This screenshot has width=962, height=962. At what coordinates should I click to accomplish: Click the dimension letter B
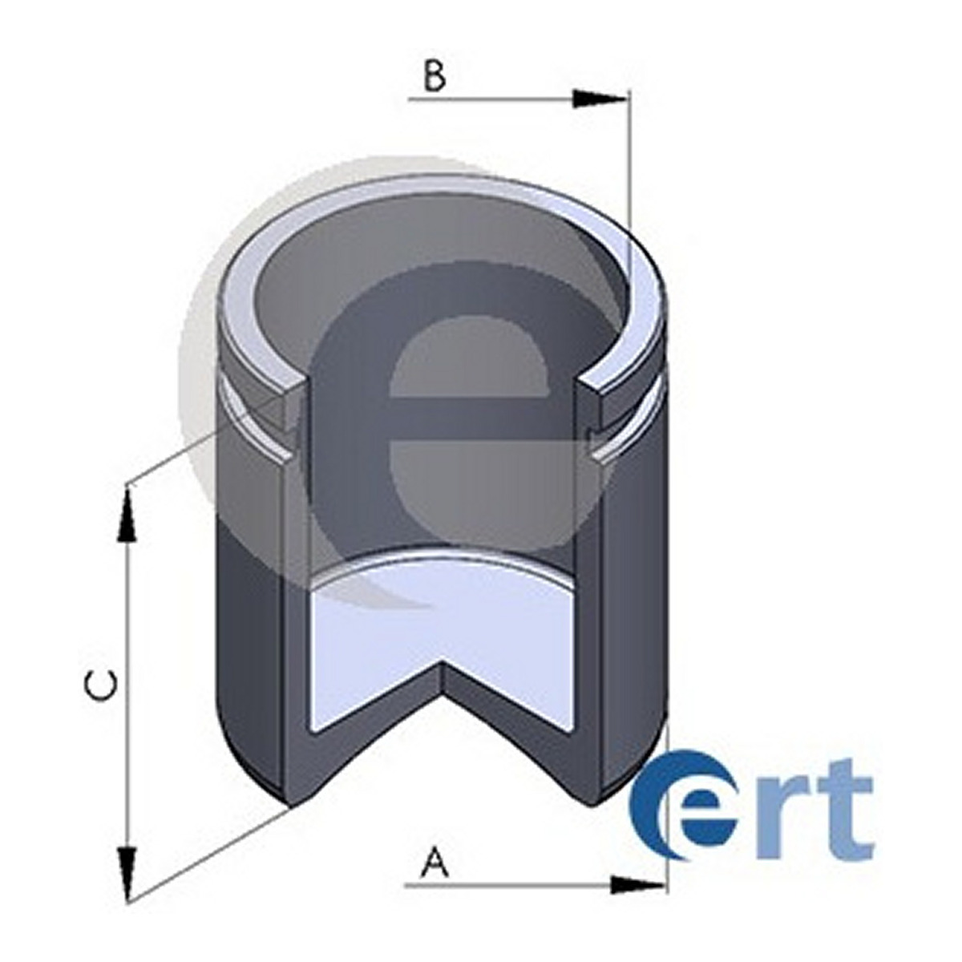pyautogui.click(x=435, y=75)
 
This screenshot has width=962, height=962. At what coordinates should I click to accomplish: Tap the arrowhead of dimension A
pyautogui.click(x=637, y=885)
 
